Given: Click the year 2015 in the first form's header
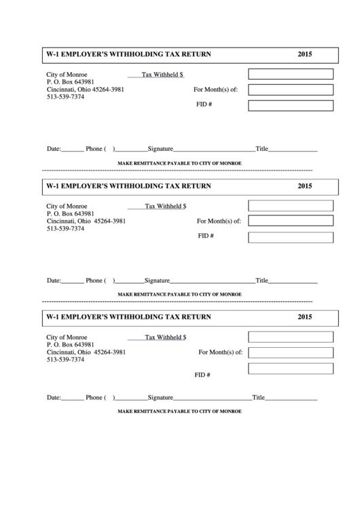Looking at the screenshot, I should point(304,54).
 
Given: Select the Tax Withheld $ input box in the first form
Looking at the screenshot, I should point(290,74).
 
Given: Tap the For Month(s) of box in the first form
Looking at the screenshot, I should point(290,90).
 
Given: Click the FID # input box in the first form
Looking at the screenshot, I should point(290,105).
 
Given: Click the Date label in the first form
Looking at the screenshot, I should point(54,149).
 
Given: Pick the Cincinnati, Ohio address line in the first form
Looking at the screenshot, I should point(85,90).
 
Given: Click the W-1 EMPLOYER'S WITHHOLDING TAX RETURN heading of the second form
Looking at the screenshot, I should point(128,186).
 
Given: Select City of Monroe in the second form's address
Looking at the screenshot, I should point(67,206).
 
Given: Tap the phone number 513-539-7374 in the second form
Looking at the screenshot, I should point(65,229).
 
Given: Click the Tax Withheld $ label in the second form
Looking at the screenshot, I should point(166,206).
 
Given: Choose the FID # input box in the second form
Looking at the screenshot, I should point(290,237).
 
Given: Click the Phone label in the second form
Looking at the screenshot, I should point(94,281).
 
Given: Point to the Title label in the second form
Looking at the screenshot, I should point(262,281).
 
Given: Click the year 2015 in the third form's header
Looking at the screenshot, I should point(304,317).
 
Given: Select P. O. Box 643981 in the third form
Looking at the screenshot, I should point(70,345).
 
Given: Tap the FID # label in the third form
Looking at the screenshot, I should point(202,375).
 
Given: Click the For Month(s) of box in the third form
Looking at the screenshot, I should point(290,353).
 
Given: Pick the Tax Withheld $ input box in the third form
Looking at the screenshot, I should point(290,337).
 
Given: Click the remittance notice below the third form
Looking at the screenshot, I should point(179,412).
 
